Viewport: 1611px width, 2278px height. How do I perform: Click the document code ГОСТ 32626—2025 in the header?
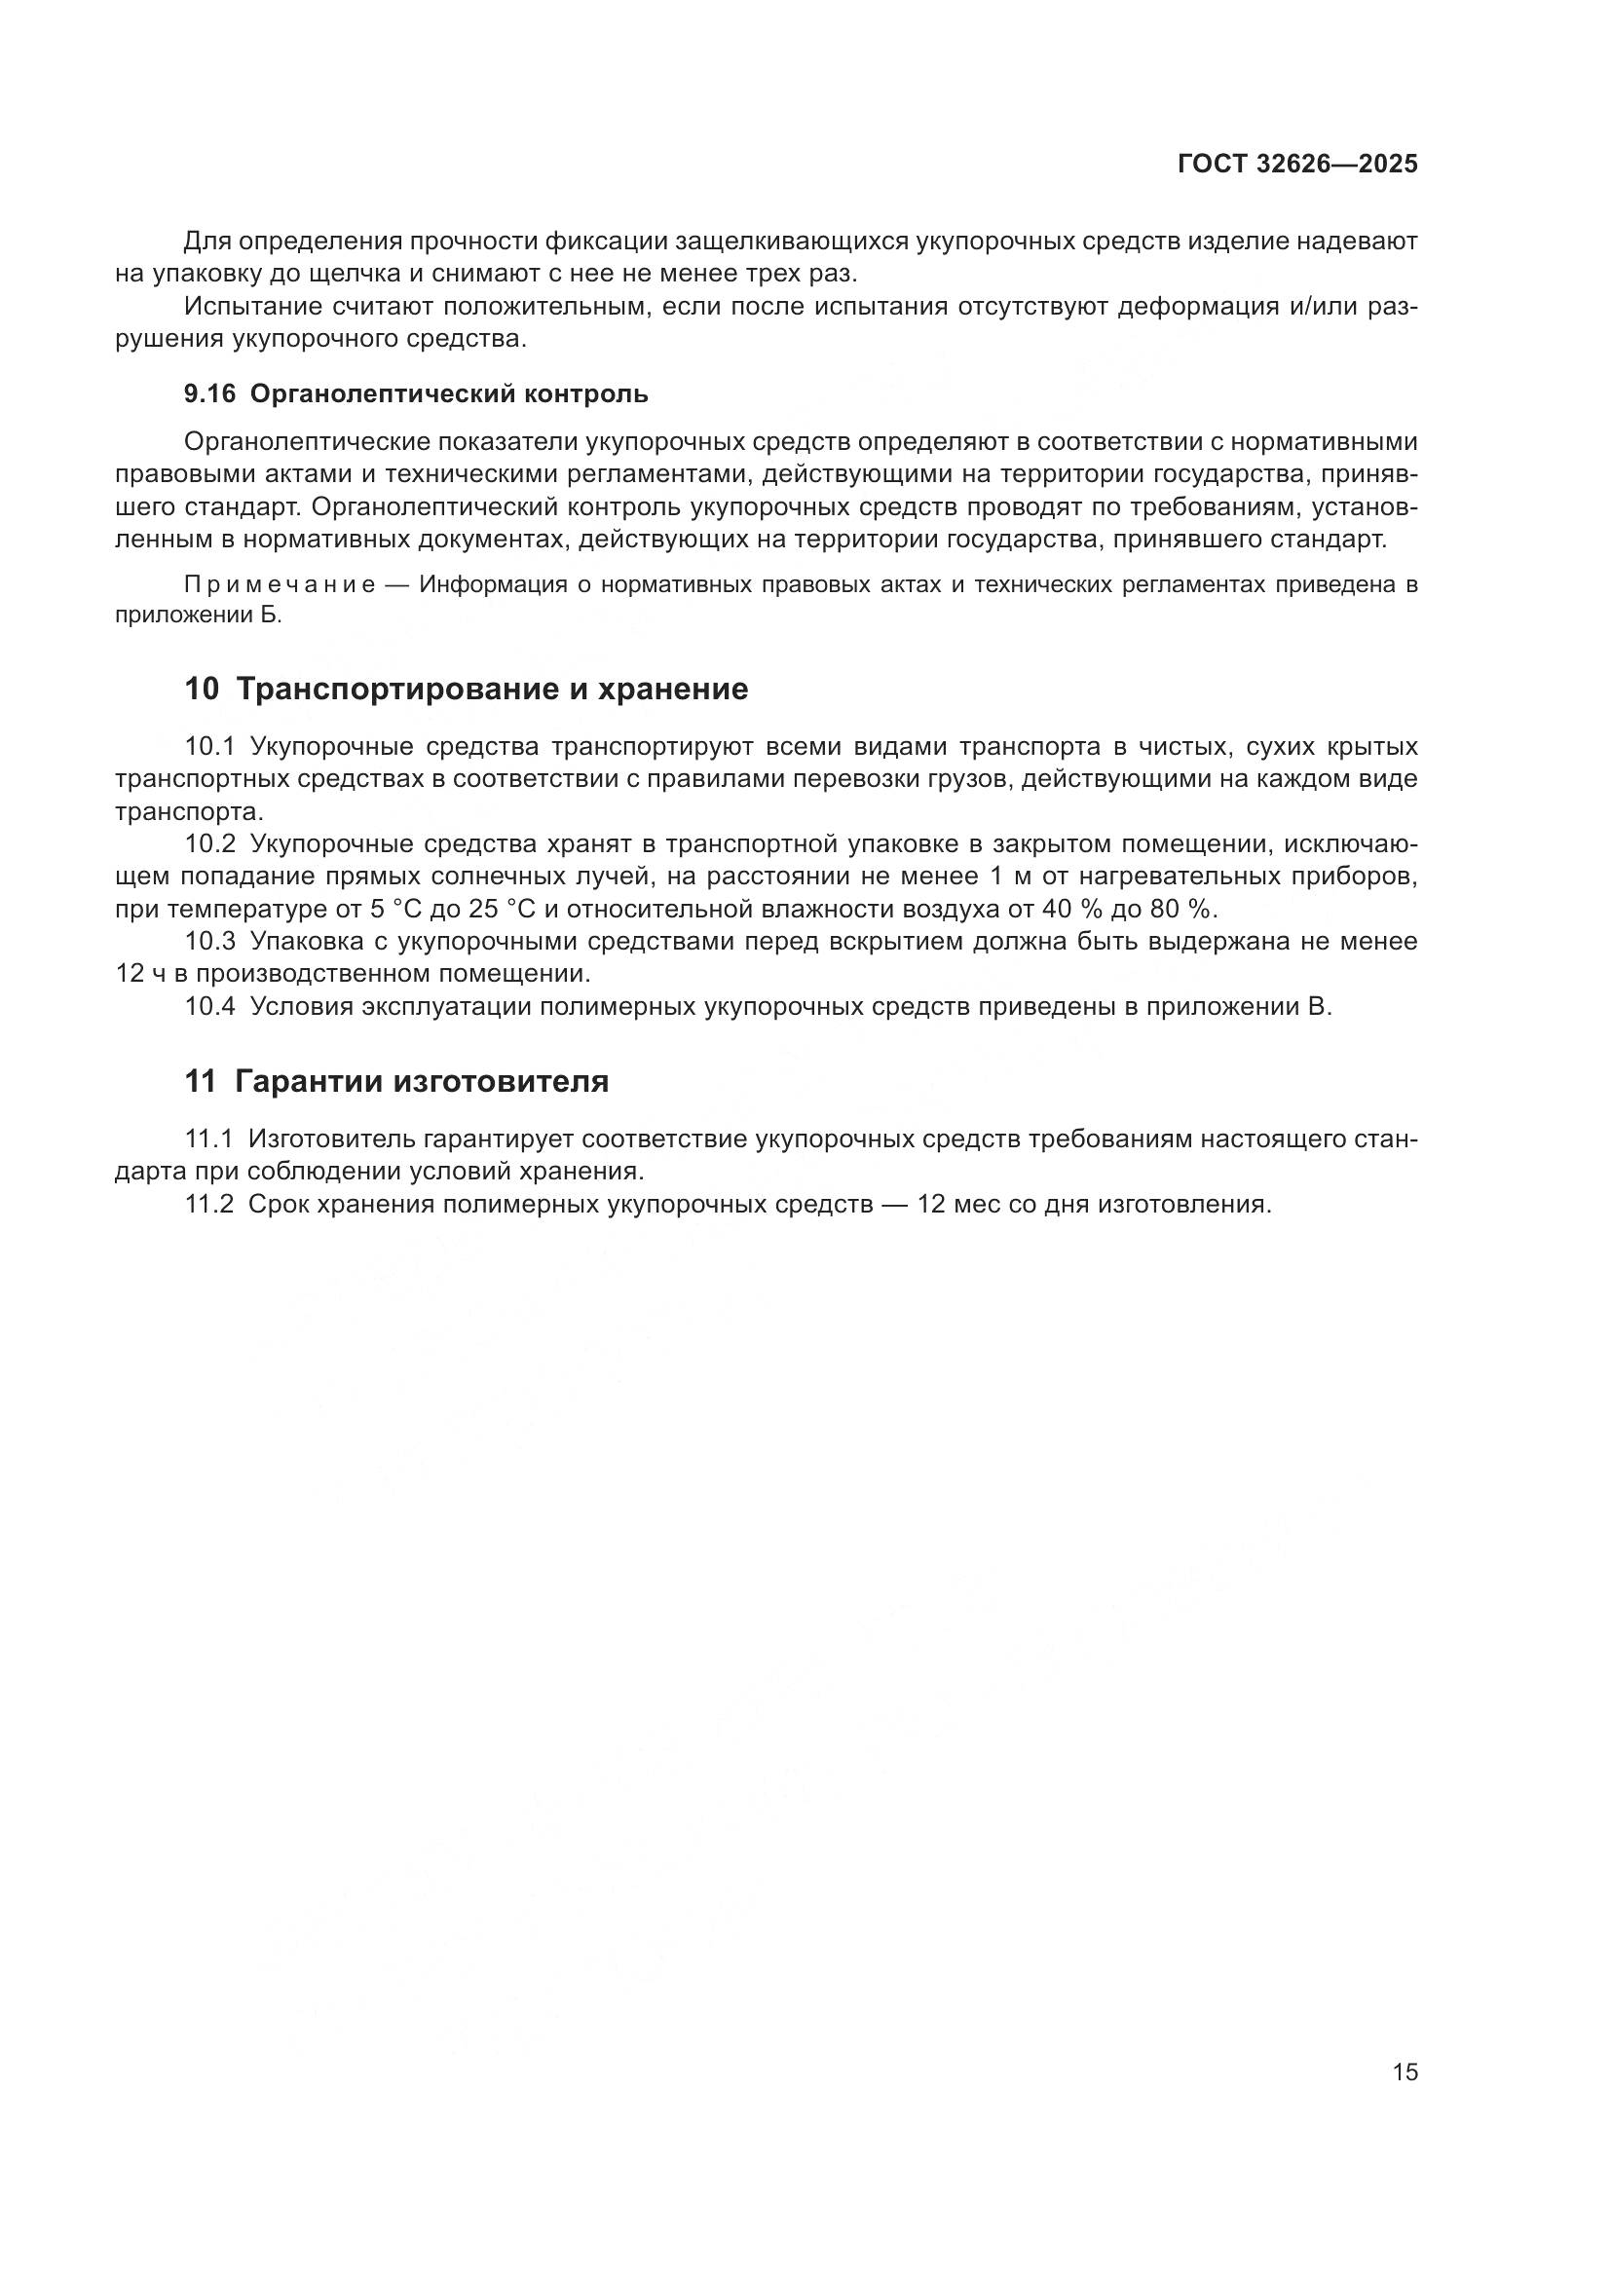pyautogui.click(x=1297, y=165)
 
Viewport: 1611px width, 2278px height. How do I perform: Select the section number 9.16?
pyautogui.click(x=210, y=393)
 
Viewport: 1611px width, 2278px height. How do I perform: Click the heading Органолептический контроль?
pyautogui.click(x=448, y=393)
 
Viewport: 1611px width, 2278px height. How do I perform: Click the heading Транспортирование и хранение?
pyautogui.click(x=492, y=689)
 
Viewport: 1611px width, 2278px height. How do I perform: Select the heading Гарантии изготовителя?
pyautogui.click(x=422, y=1080)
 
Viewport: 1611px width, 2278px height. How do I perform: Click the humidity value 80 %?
pyautogui.click(x=1182, y=909)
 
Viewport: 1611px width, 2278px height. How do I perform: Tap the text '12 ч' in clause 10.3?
pyautogui.click(x=141, y=973)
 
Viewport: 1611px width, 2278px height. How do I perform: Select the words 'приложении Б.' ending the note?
pyautogui.click(x=199, y=616)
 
